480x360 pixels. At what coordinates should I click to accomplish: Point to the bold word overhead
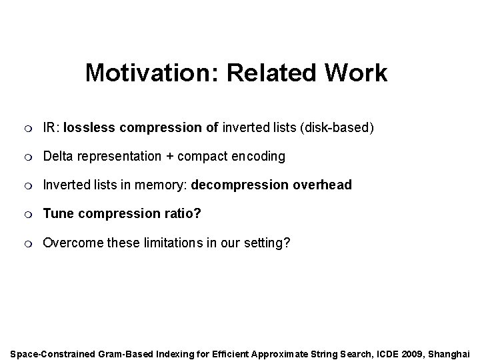(322, 185)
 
